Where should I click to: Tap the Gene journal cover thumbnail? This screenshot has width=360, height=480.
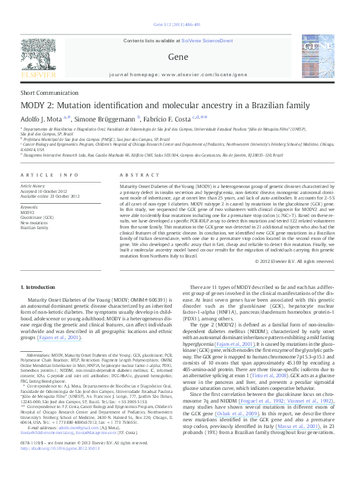click(319, 57)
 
